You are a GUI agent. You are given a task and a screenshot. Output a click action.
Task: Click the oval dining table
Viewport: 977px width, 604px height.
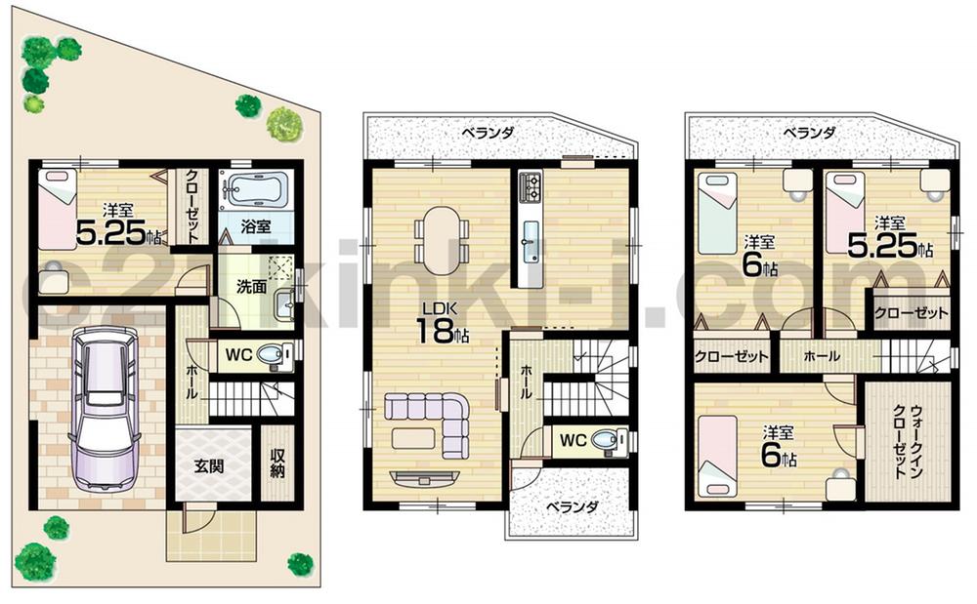pos(440,239)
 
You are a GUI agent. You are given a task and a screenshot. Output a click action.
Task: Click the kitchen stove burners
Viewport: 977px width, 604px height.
pos(531,183)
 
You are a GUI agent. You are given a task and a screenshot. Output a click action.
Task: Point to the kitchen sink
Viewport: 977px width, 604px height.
pos(531,237)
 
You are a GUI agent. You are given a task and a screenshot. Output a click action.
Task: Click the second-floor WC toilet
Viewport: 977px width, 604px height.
pos(606,440)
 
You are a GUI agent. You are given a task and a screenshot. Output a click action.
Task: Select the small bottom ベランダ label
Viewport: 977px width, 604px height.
pos(571,507)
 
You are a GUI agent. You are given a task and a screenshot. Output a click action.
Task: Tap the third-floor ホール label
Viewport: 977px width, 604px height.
pos(822,357)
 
